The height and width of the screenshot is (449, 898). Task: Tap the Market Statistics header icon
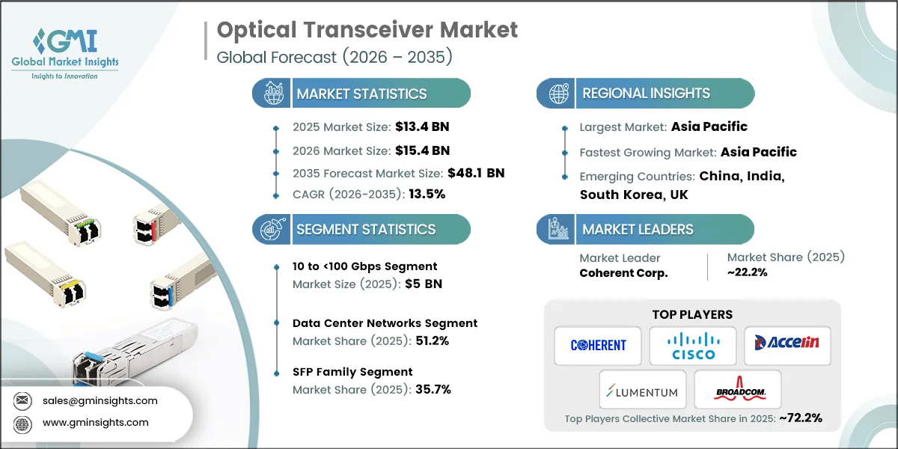click(272, 94)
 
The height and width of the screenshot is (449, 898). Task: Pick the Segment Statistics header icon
click(272, 229)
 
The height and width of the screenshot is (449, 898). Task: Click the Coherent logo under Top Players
click(598, 345)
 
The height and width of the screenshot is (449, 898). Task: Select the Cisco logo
click(693, 345)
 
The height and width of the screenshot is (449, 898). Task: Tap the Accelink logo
click(786, 345)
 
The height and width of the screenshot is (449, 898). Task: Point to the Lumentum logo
click(642, 391)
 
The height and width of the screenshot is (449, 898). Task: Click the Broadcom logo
click(737, 389)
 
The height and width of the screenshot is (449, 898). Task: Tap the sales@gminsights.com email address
click(100, 400)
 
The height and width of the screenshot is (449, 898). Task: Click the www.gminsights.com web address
click(96, 422)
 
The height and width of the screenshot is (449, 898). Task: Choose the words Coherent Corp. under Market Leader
click(623, 273)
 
